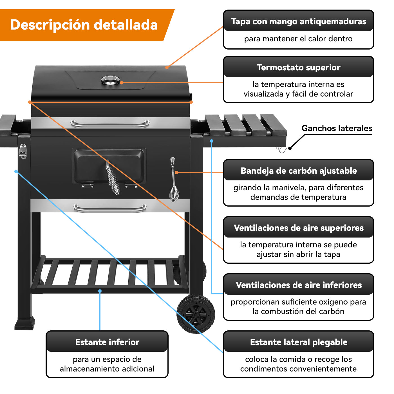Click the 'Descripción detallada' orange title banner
[84, 25]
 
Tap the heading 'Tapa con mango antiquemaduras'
[298, 21]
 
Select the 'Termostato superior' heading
[298, 68]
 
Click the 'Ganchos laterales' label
[337, 128]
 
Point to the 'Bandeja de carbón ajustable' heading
[298, 171]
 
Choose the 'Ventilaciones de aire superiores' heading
[298, 228]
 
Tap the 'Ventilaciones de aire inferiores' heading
[298, 285]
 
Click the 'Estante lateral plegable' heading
[298, 342]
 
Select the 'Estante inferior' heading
[107, 342]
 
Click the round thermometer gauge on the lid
[110, 80]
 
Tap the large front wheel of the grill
[196, 314]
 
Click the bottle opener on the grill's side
[23, 151]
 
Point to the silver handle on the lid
[110, 124]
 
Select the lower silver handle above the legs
[110, 208]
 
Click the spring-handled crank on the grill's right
[173, 180]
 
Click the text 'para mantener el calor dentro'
[298, 39]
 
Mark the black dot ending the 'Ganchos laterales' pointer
[290, 148]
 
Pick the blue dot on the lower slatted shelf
[100, 291]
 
